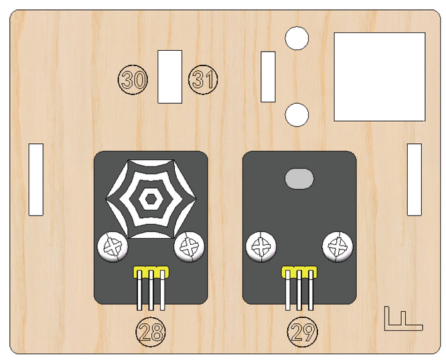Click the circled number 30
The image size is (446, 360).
(x=133, y=80)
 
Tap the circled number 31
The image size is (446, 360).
(x=203, y=80)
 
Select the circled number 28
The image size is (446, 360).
(x=151, y=332)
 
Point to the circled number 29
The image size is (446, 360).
(x=303, y=332)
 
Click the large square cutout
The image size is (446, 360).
(x=380, y=77)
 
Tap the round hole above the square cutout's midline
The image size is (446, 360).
(x=297, y=38)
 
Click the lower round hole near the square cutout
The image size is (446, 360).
(x=297, y=115)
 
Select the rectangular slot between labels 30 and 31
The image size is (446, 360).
(x=170, y=77)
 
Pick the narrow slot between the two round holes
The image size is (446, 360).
(x=269, y=77)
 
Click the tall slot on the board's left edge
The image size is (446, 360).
(x=36, y=179)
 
